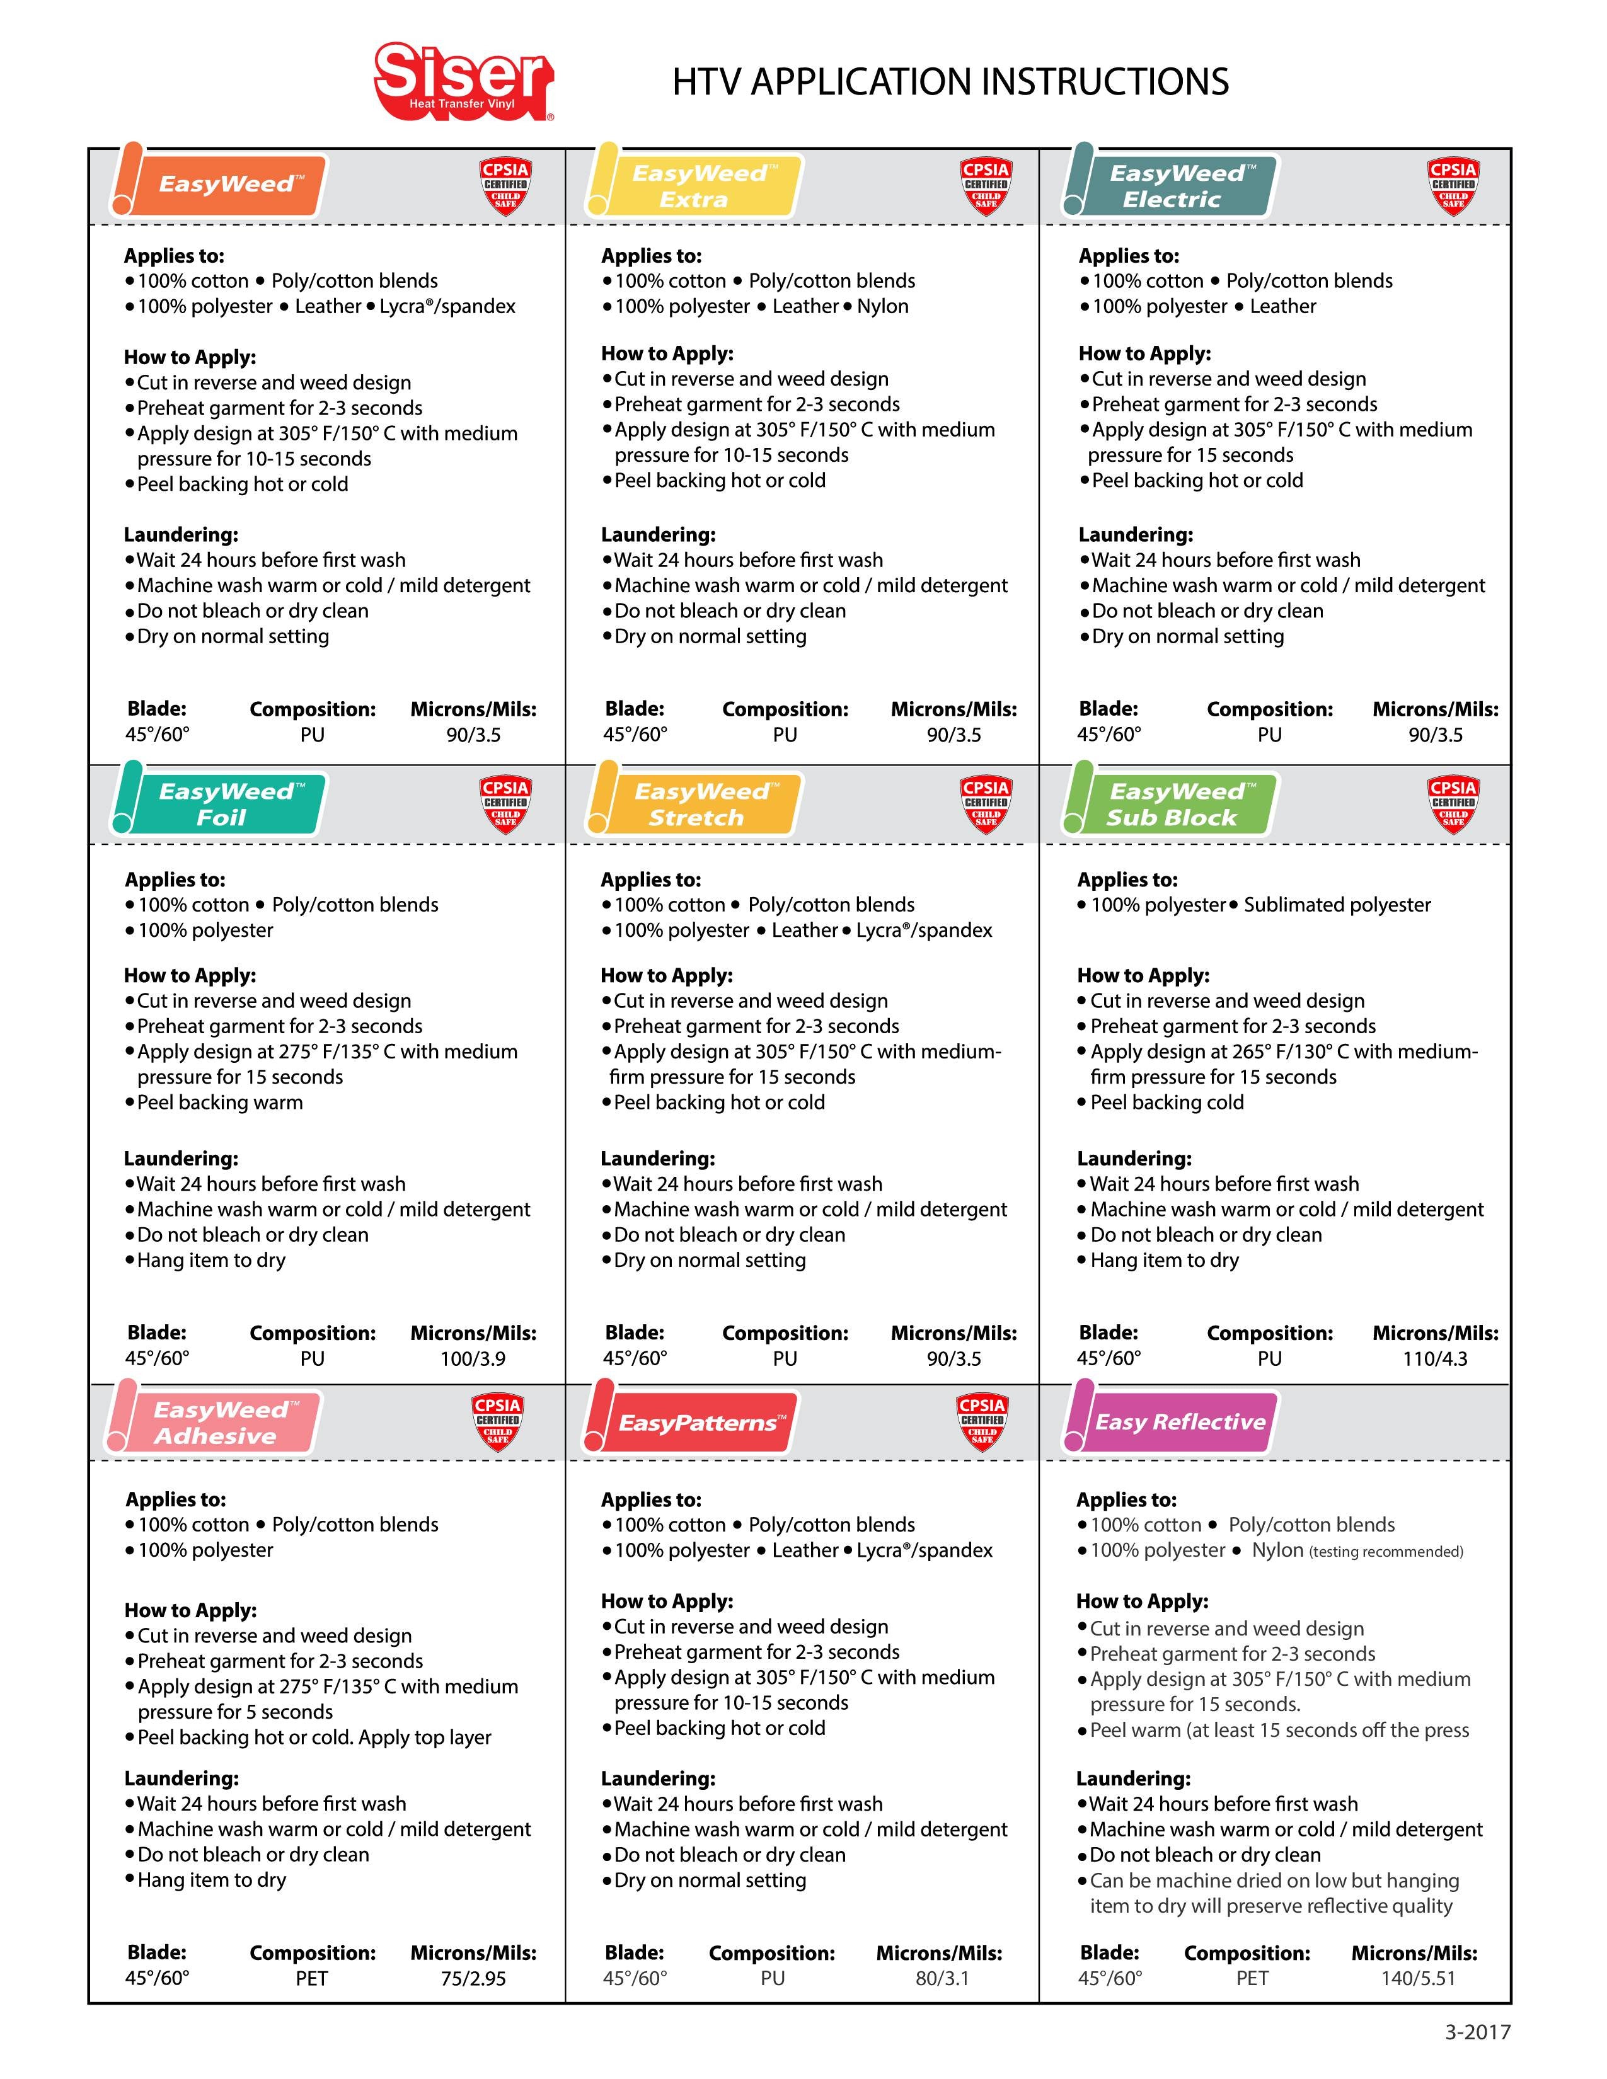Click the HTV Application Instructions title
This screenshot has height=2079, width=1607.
point(950,82)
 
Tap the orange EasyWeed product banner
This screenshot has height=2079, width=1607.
point(225,184)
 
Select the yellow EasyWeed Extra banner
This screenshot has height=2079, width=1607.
point(700,186)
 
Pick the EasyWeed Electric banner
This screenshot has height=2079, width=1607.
point(1176,186)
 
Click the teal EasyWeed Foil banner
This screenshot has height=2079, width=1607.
point(225,805)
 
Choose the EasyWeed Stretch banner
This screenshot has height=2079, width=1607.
point(700,805)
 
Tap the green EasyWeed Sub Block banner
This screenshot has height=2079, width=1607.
point(1176,805)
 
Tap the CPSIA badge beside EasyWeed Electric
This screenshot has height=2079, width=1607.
point(1453,186)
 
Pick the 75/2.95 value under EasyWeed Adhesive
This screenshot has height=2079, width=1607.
point(473,1978)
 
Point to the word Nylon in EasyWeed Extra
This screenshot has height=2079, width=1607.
point(882,307)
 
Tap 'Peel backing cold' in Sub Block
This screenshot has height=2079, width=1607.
point(1166,1102)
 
